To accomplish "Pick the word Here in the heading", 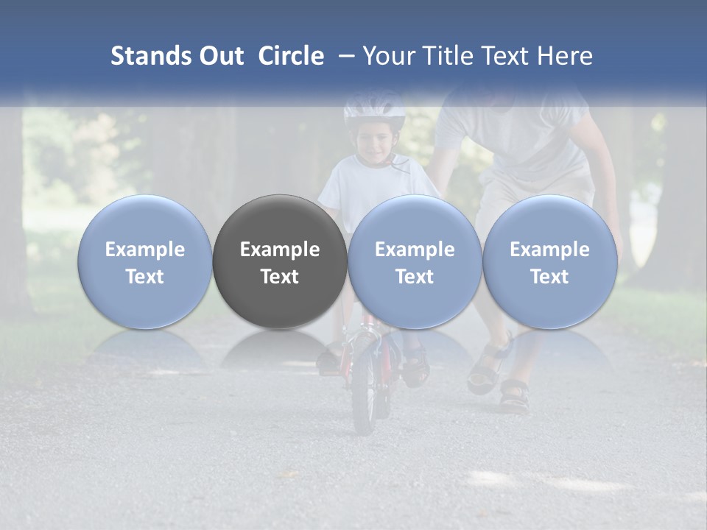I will click(566, 56).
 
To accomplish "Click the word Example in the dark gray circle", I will click(280, 250).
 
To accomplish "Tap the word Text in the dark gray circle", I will click(280, 277).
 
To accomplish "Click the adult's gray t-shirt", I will click(516, 140).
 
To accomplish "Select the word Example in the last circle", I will click(550, 250).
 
